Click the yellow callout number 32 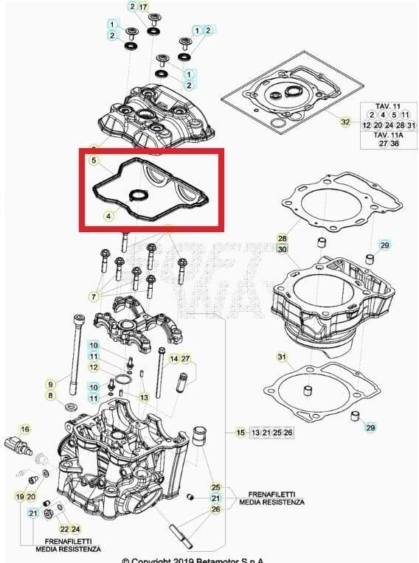point(345,121)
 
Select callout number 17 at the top point(143,7)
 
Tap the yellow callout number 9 point(51,384)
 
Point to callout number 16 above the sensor point(25,429)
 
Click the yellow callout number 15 point(240,432)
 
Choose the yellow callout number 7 point(94,296)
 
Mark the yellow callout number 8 point(51,396)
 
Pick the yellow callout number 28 point(282,238)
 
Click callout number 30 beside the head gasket point(282,249)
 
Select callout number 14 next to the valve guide point(174,359)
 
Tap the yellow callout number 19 point(20,497)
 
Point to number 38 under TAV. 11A point(395,144)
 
